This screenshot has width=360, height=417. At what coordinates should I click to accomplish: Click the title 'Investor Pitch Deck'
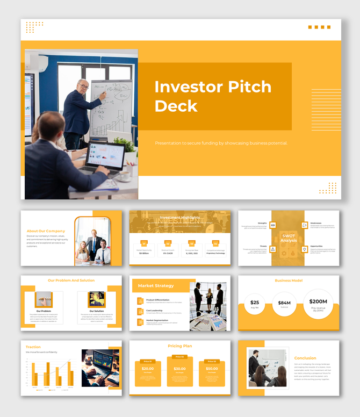coord(213,96)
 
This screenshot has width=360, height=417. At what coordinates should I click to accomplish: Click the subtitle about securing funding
coord(221,143)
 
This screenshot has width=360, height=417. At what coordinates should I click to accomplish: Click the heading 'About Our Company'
coord(46,231)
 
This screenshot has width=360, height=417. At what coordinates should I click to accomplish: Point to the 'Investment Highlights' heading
coord(180,218)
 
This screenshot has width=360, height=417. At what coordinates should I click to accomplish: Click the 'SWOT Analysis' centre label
coord(289,238)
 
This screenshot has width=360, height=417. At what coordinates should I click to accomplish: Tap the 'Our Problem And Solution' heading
coord(71,281)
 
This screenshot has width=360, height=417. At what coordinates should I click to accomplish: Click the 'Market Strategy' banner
coord(156,286)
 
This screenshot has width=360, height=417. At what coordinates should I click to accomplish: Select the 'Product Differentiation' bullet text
coord(157,300)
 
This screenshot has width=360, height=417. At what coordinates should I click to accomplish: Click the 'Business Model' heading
coord(289,281)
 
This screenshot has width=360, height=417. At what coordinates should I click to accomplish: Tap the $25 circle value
coord(255,303)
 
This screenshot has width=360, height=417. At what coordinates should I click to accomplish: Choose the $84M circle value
coord(284,303)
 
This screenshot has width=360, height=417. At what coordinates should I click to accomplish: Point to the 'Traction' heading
coord(33,347)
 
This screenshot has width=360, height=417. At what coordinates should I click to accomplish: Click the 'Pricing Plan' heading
coord(180,346)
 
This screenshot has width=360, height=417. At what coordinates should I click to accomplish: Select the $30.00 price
coord(179,369)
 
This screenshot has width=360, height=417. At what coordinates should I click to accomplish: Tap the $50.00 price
coord(212,369)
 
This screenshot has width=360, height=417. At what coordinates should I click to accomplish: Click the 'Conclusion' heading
coord(305,358)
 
